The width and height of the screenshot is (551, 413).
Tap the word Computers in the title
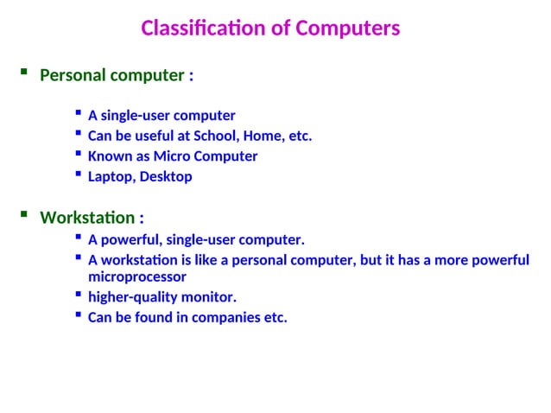pos(348,29)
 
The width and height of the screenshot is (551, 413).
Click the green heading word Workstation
pos(87,217)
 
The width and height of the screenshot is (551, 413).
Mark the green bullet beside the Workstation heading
pos(23,214)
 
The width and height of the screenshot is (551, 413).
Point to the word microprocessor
pos(137,277)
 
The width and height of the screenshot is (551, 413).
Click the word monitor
pos(208,297)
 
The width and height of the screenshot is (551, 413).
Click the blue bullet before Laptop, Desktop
pos(79,175)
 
